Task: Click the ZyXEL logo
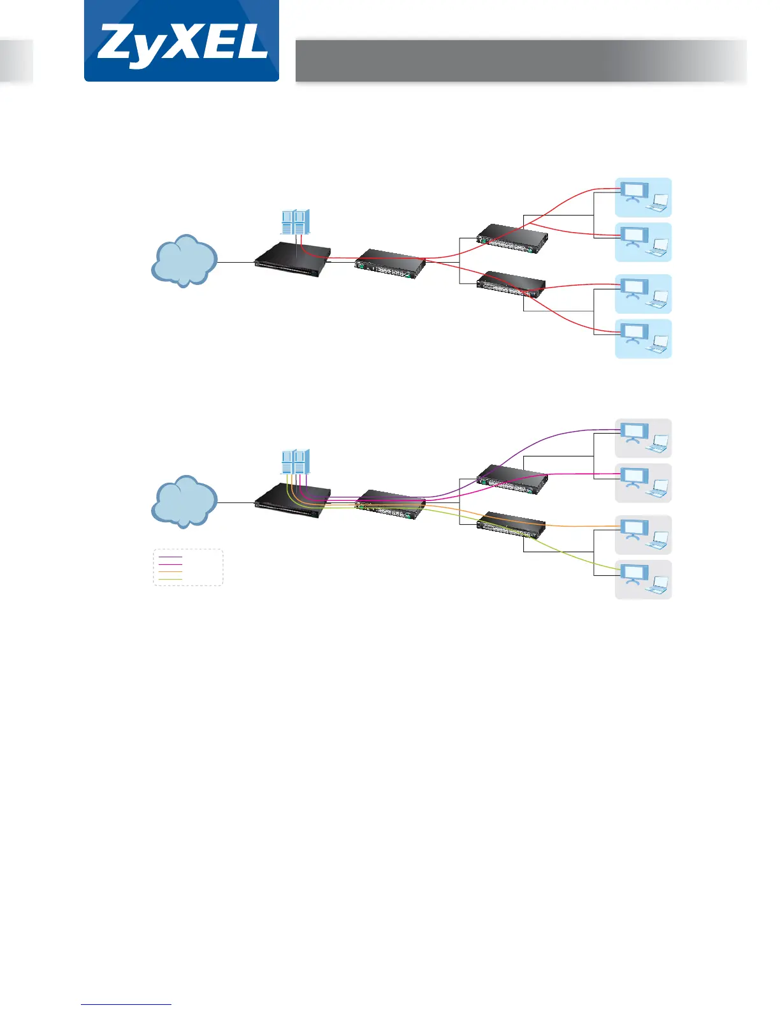[182, 42]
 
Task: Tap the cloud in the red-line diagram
[184, 261]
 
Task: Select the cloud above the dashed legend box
[184, 501]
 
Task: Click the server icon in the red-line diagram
[296, 222]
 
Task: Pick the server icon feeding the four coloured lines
[296, 462]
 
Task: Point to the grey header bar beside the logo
[520, 61]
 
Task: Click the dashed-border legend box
[188, 567]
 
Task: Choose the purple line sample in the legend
[170, 557]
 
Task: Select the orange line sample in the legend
[170, 572]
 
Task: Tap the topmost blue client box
[643, 198]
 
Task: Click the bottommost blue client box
[643, 339]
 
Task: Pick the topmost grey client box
[643, 438]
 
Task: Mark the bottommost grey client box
[643, 580]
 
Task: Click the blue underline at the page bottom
[126, 1004]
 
